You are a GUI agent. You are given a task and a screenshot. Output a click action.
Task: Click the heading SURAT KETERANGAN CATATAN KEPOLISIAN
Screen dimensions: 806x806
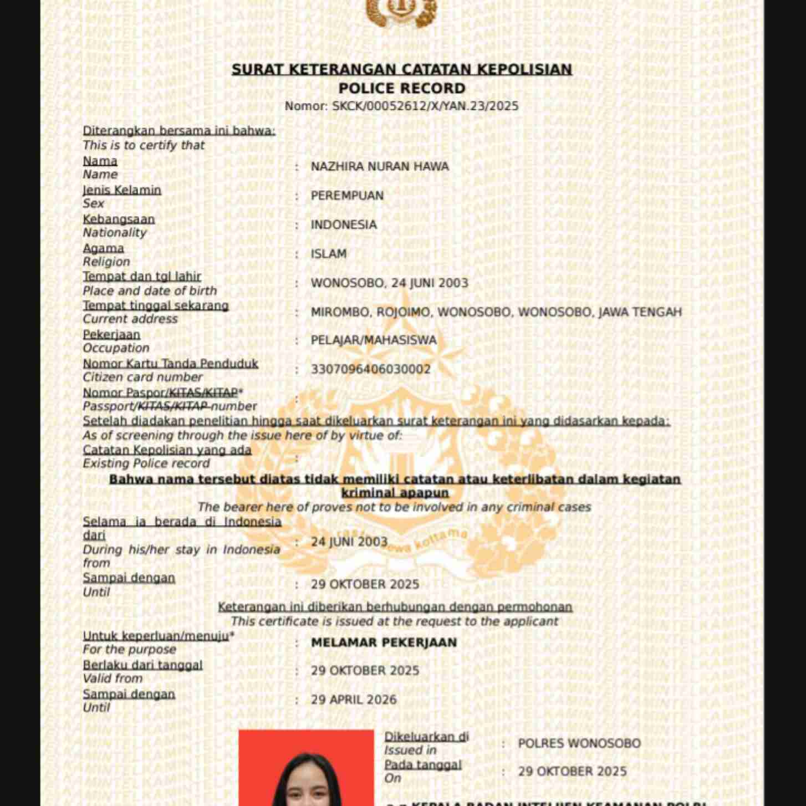point(402,69)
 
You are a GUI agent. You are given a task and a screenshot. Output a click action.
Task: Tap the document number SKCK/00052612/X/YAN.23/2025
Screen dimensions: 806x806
point(425,106)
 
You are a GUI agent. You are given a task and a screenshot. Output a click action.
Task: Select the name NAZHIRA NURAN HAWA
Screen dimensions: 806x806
point(380,166)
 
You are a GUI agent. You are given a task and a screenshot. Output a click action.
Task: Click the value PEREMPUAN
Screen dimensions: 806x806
point(347,196)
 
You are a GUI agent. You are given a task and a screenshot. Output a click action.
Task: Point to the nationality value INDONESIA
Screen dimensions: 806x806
point(344,225)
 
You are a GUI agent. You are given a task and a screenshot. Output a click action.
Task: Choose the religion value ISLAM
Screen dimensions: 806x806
point(329,254)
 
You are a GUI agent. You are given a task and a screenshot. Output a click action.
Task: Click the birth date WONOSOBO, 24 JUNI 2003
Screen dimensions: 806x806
point(389,283)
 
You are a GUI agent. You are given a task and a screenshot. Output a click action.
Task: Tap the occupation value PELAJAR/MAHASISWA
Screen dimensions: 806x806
point(374,340)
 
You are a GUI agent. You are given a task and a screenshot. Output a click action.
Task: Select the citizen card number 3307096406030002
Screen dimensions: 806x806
point(370,369)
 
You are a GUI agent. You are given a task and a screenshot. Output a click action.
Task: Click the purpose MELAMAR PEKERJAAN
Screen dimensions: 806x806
point(384,642)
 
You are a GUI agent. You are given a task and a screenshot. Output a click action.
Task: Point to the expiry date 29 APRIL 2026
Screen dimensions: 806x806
point(354,700)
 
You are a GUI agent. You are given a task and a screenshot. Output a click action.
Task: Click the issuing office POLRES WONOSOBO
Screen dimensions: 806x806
point(579,743)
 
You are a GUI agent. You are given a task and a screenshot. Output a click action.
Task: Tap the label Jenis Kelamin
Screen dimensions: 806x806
point(122,190)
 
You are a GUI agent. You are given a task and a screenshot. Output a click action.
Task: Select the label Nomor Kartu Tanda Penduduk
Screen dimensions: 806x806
point(170,364)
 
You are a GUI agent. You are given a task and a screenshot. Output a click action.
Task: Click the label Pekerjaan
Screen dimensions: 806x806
point(111,335)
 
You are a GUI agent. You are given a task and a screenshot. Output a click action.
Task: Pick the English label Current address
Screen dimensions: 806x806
point(130,319)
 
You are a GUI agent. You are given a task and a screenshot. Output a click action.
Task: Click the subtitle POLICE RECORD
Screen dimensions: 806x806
point(402,88)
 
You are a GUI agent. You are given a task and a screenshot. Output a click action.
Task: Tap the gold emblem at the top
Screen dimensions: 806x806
point(402,12)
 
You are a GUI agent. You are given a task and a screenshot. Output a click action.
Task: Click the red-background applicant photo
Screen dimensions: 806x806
point(306,771)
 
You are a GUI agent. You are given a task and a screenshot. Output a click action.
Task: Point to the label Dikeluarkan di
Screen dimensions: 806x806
point(426,737)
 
